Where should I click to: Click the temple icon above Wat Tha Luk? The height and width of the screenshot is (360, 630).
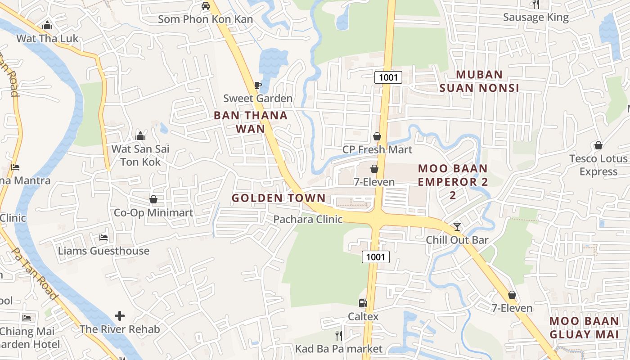[47, 26]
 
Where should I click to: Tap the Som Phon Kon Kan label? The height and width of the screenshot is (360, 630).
[205, 19]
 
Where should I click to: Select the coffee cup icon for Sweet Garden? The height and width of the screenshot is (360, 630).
[257, 85]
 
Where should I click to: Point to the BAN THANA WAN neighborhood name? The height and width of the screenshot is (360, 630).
[251, 122]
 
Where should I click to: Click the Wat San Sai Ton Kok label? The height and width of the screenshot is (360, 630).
[140, 155]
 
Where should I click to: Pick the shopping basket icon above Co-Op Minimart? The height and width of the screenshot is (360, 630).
[153, 199]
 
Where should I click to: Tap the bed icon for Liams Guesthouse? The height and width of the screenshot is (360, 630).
[103, 237]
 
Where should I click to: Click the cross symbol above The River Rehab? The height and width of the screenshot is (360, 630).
[120, 316]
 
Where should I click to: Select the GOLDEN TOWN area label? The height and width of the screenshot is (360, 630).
[279, 198]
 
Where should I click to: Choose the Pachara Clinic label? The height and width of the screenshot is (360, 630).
[308, 220]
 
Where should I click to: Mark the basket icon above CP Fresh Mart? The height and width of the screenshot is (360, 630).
[377, 136]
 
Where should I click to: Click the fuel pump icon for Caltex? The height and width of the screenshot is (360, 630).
[363, 303]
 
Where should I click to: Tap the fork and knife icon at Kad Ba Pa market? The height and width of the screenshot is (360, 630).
[339, 335]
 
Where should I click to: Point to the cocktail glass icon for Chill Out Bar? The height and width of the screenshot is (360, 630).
[457, 226]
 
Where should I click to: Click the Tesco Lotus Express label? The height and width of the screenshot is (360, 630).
[598, 165]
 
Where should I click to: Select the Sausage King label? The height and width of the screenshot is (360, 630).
[535, 18]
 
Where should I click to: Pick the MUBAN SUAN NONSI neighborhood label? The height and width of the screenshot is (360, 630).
[479, 81]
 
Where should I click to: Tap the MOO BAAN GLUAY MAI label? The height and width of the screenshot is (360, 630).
[584, 328]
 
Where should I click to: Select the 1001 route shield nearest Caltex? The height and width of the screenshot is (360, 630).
[375, 257]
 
